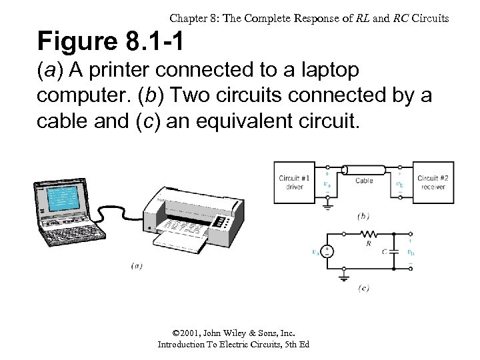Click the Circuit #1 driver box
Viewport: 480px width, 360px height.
click(x=294, y=181)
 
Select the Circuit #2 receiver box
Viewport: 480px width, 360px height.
click(x=433, y=181)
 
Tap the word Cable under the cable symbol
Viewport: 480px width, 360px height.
click(x=364, y=181)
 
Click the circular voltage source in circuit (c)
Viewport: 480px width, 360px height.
click(x=327, y=252)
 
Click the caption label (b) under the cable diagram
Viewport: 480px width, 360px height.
click(x=363, y=216)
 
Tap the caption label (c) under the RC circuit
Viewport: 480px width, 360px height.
click(x=363, y=288)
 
